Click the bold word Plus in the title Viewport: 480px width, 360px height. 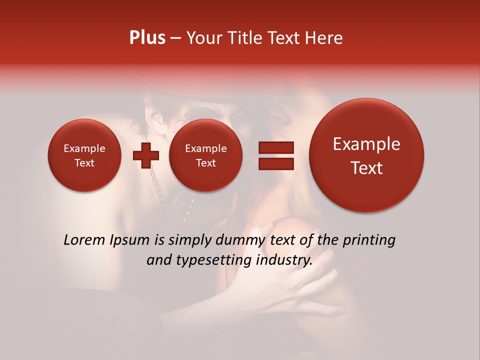click(x=147, y=38)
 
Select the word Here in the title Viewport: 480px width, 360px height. click(x=324, y=38)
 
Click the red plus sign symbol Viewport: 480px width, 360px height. click(x=145, y=155)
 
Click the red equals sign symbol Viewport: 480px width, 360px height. click(x=276, y=155)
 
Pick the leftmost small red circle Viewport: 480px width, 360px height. click(x=84, y=155)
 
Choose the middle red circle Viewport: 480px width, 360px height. click(x=205, y=155)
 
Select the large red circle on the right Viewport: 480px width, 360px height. click(x=366, y=155)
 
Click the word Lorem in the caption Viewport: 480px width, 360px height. click(x=85, y=240)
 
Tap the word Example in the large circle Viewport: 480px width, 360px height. click(x=366, y=144)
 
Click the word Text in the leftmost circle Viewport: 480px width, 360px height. click(x=84, y=163)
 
